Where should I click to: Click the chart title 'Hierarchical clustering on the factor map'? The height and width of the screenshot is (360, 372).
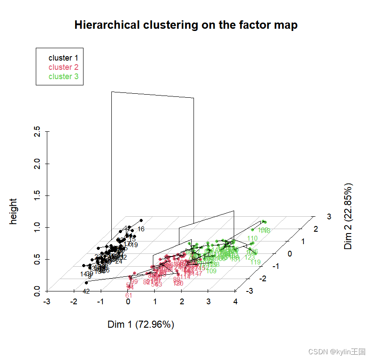[x=186, y=25]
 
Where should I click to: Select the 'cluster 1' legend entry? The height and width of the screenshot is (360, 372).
[x=63, y=57]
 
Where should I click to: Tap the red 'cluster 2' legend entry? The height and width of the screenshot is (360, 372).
[x=63, y=67]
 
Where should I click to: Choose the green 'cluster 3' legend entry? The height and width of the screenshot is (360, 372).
[x=63, y=77]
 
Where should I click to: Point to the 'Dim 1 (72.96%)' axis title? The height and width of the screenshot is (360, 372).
[x=141, y=325]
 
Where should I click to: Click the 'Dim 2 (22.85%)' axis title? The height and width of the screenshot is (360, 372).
[x=349, y=216]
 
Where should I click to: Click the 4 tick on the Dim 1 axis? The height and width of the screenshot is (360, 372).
[x=235, y=302]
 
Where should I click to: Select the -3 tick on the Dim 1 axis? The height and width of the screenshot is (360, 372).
[x=47, y=302]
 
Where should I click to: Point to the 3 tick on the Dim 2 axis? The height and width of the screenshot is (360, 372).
[x=329, y=216]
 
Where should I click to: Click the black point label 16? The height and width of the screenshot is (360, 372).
[x=141, y=229]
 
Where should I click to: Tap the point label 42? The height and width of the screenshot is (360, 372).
[x=86, y=291]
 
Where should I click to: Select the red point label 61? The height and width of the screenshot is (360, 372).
[x=129, y=295]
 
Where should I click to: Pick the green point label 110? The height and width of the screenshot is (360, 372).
[x=252, y=238]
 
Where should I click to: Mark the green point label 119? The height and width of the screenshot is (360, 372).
[x=255, y=262]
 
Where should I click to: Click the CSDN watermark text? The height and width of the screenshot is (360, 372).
[x=337, y=352]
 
